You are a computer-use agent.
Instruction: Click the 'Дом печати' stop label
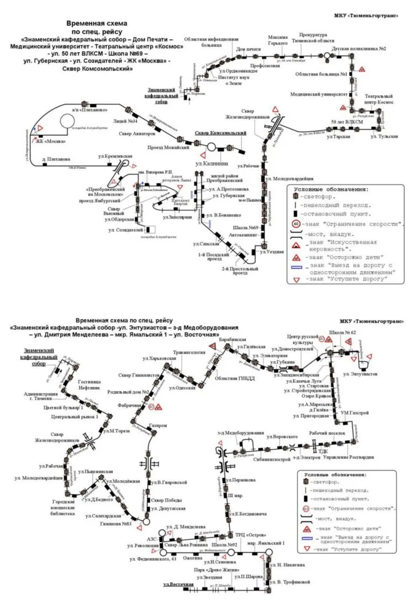click(x=248, y=49)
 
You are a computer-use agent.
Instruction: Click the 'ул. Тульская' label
click(x=384, y=137)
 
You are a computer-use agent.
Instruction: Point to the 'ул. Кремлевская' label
click(x=115, y=156)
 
